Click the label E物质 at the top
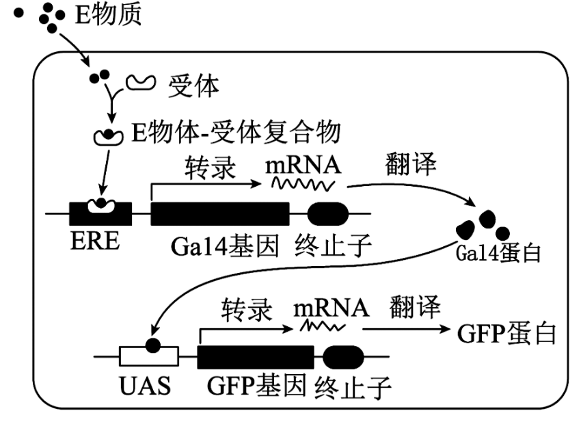tap(108, 14)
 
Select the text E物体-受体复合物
tap(236, 132)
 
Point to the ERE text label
tap(95, 241)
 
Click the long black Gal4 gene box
tap(220, 214)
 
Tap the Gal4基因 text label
tap(225, 246)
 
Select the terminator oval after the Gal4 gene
tap(328, 214)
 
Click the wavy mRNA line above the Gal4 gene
tap(303, 184)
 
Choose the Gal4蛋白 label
tap(498, 254)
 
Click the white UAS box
tap(149, 356)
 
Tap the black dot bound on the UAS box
tap(153, 345)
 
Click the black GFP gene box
tap(256, 357)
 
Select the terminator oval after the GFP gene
tap(343, 357)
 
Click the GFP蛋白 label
tap(506, 333)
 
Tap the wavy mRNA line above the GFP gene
tap(323, 326)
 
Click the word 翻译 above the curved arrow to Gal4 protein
tap(411, 163)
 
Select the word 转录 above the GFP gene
tap(247, 310)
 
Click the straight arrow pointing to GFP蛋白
tap(407, 329)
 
